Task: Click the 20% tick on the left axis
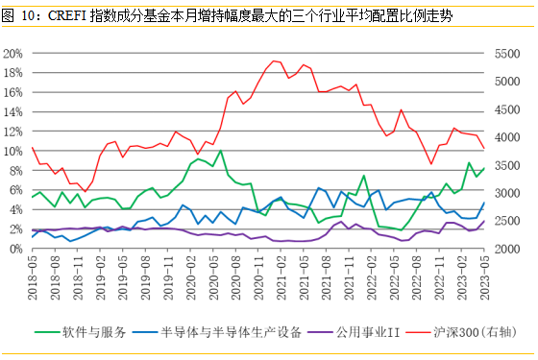click(14, 53)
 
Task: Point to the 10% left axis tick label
click(14, 151)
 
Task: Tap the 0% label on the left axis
click(17, 249)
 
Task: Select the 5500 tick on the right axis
click(505, 53)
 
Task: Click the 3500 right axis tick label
click(505, 166)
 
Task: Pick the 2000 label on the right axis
click(505, 249)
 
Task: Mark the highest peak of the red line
click(274, 60)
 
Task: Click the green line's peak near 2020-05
click(221, 150)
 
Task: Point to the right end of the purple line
click(483, 222)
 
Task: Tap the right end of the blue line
click(483, 202)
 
